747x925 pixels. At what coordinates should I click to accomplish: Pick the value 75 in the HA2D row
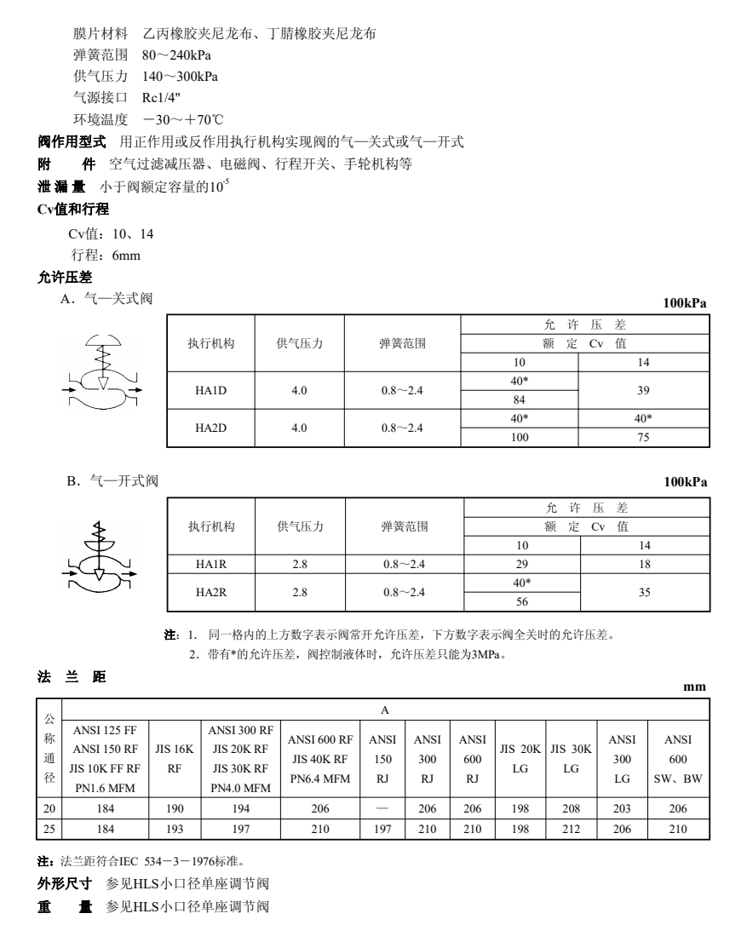click(643, 438)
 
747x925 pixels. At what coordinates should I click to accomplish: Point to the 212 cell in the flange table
click(570, 826)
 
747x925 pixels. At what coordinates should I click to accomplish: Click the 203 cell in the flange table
click(623, 807)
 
